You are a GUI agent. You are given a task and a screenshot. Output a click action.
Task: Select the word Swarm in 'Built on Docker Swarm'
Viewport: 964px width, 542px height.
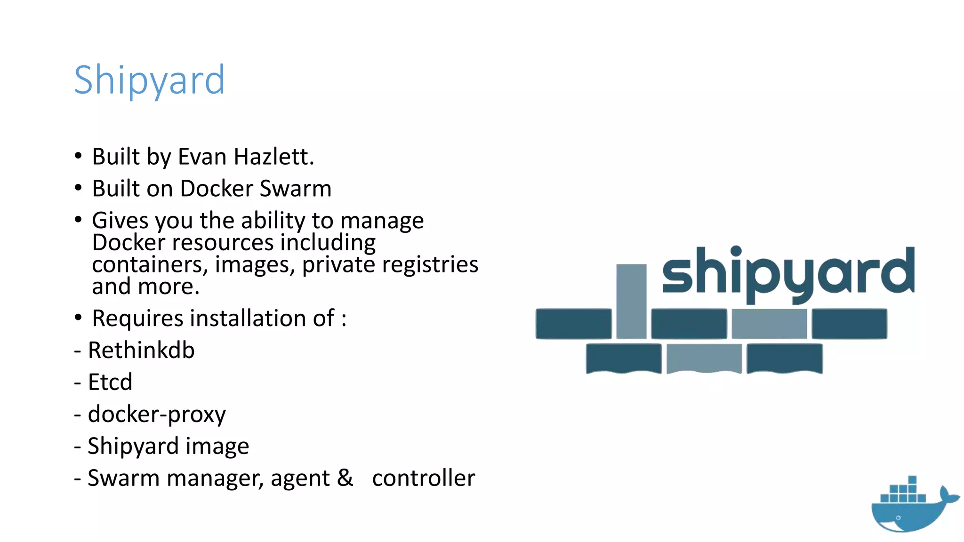pyautogui.click(x=296, y=189)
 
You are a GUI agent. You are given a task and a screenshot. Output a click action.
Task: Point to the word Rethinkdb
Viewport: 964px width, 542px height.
pyautogui.click(x=141, y=351)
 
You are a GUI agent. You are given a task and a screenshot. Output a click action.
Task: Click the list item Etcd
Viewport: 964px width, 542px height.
pyautogui.click(x=110, y=382)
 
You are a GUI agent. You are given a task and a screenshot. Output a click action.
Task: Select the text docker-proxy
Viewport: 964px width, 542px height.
pyautogui.click(x=157, y=414)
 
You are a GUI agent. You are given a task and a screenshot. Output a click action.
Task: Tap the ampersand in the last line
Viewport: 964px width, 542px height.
pyautogui.click(x=345, y=478)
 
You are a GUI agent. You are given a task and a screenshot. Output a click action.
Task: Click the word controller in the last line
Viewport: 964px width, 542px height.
pyautogui.click(x=423, y=478)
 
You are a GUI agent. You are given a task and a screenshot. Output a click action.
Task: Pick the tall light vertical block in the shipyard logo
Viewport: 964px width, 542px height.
pyautogui.click(x=631, y=301)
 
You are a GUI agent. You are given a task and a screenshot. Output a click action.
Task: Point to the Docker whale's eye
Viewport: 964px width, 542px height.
pyautogui.click(x=898, y=518)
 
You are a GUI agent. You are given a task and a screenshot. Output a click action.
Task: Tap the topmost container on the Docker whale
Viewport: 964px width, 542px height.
pyautogui.click(x=912, y=480)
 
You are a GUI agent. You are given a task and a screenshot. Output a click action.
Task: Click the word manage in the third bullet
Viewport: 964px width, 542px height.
pyautogui.click(x=382, y=221)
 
